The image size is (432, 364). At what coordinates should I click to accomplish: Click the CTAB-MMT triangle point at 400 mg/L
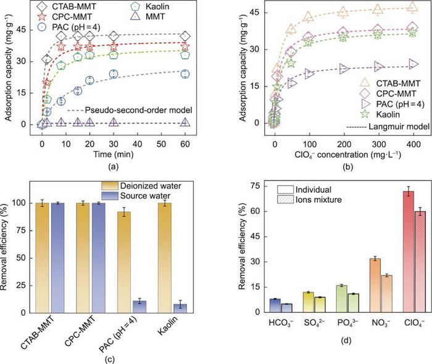pos(405,7)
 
